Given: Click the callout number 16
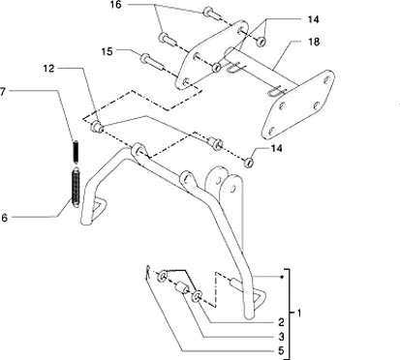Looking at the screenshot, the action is pyautogui.click(x=115, y=5).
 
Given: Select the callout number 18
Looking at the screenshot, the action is pyautogui.click(x=314, y=42).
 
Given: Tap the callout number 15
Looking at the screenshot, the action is pyautogui.click(x=108, y=51).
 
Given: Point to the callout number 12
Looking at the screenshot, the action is pyautogui.click(x=48, y=69).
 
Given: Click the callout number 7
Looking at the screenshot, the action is pyautogui.click(x=3, y=91).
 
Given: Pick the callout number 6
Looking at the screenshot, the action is pyautogui.click(x=4, y=218).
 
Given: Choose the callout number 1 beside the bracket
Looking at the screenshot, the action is pyautogui.click(x=298, y=313).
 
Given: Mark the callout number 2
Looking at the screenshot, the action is pyautogui.click(x=281, y=322).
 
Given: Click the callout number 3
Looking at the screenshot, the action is pyautogui.click(x=281, y=337).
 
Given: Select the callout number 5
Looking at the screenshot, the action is pyautogui.click(x=281, y=350).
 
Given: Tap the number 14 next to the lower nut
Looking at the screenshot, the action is pyautogui.click(x=276, y=148).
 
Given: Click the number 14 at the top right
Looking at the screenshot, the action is pyautogui.click(x=313, y=19).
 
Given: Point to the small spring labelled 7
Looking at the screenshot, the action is pyautogui.click(x=76, y=152).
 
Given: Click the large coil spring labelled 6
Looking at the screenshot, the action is pyautogui.click(x=76, y=188).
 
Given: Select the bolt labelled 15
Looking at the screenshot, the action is pyautogui.click(x=152, y=63).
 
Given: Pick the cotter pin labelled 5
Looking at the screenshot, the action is pyautogui.click(x=147, y=273).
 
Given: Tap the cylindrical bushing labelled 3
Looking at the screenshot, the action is pyautogui.click(x=182, y=287).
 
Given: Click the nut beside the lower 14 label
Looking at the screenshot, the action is pyautogui.click(x=249, y=163).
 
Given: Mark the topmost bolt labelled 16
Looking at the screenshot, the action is pyautogui.click(x=212, y=14).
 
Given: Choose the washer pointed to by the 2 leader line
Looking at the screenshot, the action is pyautogui.click(x=198, y=297).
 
